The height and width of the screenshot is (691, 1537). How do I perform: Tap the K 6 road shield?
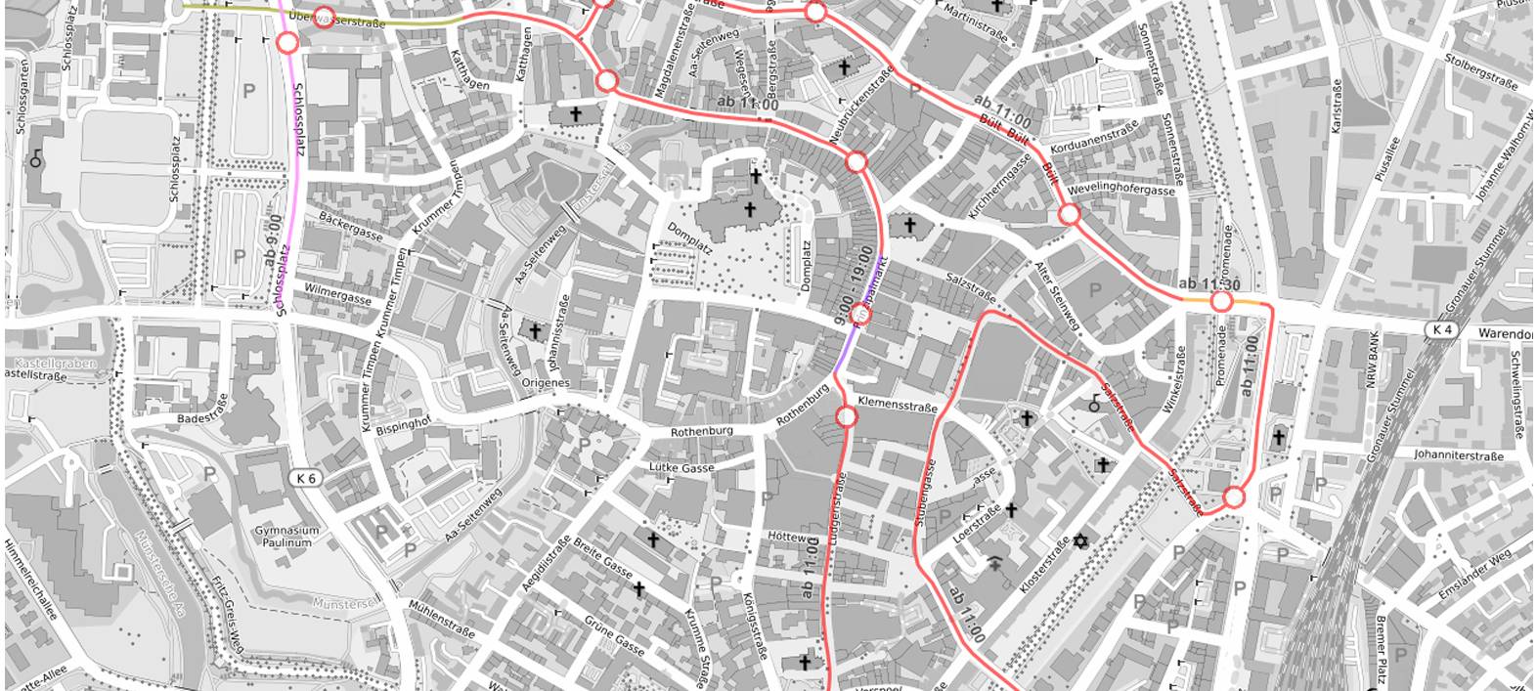point(305,478)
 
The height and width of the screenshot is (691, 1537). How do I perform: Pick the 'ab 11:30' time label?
point(1209,284)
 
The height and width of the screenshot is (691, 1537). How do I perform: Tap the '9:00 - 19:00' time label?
point(851,285)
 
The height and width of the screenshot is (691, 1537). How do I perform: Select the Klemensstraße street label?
point(897,406)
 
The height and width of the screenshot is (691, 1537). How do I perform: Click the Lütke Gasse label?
point(681,468)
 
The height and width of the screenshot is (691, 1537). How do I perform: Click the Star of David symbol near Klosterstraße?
point(1080,540)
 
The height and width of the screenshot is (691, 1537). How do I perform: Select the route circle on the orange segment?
point(1220,302)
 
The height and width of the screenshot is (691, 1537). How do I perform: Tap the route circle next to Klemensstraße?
point(847,417)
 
